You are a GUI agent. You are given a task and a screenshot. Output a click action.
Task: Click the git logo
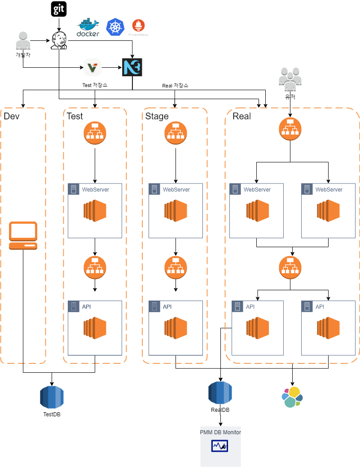pos(59,9)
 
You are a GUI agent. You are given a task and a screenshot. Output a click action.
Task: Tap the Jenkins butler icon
pos(59,40)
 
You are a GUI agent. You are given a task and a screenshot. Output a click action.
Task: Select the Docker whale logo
pos(88,27)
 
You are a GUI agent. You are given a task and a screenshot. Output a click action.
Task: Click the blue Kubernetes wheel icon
pos(115,27)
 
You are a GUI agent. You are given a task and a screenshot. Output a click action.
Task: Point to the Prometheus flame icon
pos(138,25)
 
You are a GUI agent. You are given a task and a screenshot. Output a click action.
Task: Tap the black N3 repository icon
pos(132,67)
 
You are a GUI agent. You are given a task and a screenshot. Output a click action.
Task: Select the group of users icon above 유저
pos(290,79)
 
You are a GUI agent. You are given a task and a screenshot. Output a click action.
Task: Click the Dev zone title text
pos(12,116)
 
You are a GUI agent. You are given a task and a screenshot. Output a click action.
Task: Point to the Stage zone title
pos(157,116)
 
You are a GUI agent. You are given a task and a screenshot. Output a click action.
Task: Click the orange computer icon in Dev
pos(23,236)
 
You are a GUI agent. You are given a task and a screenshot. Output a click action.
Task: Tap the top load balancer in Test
pos(95,133)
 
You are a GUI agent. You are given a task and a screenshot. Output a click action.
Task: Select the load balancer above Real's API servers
pos(290,267)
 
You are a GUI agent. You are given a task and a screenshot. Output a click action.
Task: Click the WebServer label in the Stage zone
pos(176,189)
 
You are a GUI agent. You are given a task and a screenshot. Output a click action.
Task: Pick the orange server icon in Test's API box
pos(95,328)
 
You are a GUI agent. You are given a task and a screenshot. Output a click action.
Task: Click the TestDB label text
pos(52,414)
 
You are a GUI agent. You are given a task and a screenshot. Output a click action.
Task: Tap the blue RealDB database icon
pos(220,393)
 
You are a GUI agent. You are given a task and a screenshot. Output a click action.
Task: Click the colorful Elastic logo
pos(292,397)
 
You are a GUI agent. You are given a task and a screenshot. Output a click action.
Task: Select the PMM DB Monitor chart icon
pos(220,446)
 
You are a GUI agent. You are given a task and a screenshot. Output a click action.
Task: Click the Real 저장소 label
pos(175,86)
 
